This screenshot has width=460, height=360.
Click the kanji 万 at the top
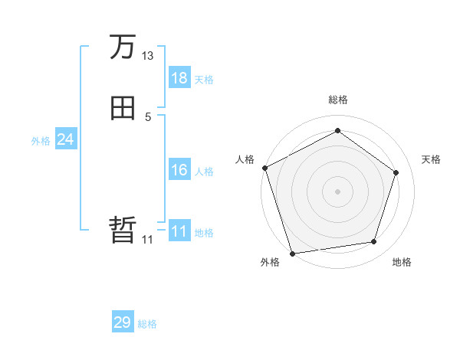(123, 48)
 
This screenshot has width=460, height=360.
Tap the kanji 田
(123, 109)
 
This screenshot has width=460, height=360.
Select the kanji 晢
(123, 230)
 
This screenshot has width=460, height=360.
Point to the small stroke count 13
(147, 56)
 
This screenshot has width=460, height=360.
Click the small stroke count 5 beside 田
(147, 116)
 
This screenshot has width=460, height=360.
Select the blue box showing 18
(179, 78)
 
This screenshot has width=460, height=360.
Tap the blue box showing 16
(179, 170)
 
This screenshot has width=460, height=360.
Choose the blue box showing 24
(65, 139)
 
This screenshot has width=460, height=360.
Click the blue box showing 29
(123, 322)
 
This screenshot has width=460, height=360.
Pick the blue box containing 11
(179, 231)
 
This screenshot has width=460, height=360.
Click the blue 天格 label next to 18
(204, 80)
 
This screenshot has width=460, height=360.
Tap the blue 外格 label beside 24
(41, 141)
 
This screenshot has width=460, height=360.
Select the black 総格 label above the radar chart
(337, 100)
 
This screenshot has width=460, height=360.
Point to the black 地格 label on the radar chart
(402, 263)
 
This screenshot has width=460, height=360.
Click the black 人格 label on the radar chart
(245, 159)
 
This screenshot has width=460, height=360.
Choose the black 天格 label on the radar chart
(431, 159)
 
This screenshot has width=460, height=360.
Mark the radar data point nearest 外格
(292, 253)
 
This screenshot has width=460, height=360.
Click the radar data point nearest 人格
(264, 168)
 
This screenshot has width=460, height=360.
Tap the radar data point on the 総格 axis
(337, 131)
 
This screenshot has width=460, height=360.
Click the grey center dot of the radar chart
(337, 191)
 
